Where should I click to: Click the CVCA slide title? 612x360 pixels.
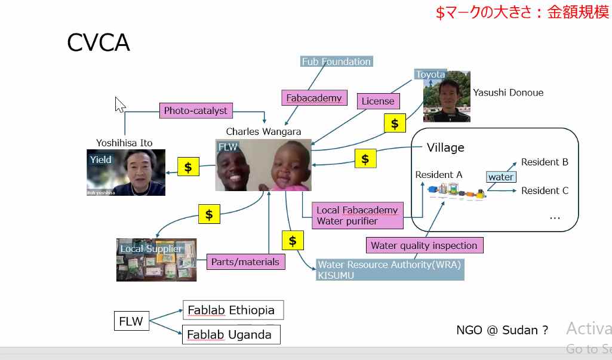(x=99, y=43)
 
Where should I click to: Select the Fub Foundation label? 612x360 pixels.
(x=336, y=61)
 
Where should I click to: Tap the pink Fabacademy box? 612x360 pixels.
(x=314, y=98)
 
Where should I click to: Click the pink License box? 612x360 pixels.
(x=378, y=101)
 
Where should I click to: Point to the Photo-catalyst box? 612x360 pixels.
(x=196, y=110)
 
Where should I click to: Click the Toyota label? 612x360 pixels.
(x=430, y=75)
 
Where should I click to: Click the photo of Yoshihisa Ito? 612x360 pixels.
(x=126, y=173)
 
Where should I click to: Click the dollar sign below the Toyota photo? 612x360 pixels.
(x=394, y=124)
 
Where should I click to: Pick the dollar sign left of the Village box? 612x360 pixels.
(x=365, y=159)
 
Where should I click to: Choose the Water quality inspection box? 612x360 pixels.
(x=424, y=245)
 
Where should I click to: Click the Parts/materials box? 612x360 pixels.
(x=245, y=261)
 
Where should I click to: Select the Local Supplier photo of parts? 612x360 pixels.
(x=156, y=260)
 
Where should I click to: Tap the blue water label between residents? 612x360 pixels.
(x=501, y=177)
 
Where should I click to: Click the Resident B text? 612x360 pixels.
(x=544, y=162)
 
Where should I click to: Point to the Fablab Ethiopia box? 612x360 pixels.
(x=232, y=310)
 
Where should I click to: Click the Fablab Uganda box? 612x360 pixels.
(x=230, y=334)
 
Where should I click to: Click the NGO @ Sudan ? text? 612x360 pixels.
(x=502, y=330)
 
